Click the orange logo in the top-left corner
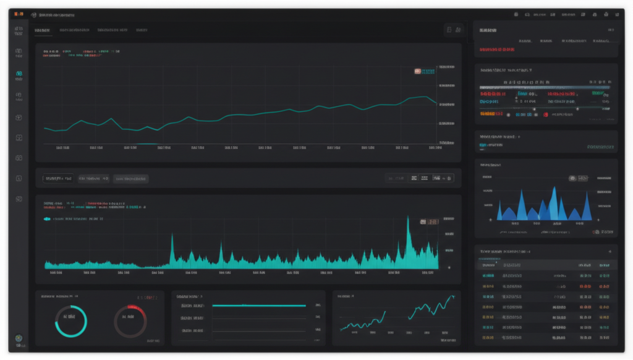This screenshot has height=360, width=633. pyautogui.click(x=19, y=14)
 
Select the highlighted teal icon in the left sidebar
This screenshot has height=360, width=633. pyautogui.click(x=19, y=74)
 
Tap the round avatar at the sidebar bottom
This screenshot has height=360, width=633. pyautogui.click(x=19, y=338)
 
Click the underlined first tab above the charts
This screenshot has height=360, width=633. pyautogui.click(x=43, y=30)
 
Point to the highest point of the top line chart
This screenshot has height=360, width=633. pyautogui.click(x=423, y=96)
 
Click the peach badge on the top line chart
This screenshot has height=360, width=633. pyautogui.click(x=417, y=71)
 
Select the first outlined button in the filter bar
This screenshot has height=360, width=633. pyautogui.click(x=57, y=179)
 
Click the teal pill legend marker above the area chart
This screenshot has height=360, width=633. pyautogui.click(x=47, y=218)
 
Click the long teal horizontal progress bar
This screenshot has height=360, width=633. pyautogui.click(x=258, y=306)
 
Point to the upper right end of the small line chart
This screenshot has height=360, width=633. pyautogui.click(x=453, y=296)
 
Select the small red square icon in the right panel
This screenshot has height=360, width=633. pyautogui.click(x=546, y=114)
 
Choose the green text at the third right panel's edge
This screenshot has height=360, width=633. pyautogui.click(x=599, y=147)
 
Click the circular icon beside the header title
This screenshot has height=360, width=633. pyautogui.click(x=33, y=14)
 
